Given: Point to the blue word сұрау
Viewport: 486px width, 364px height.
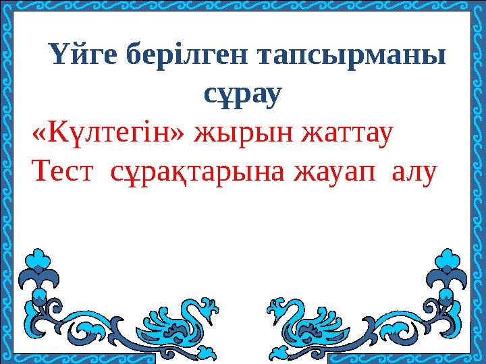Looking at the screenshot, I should click(242, 95).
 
